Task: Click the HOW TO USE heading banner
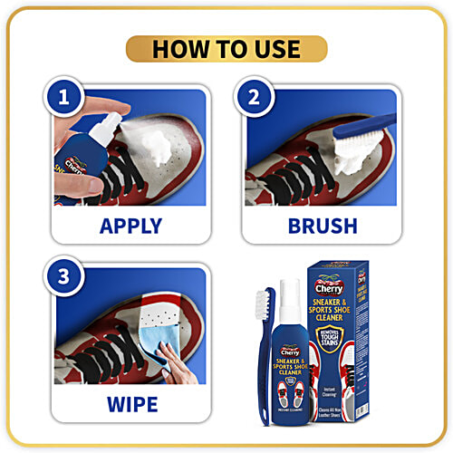click(226, 49)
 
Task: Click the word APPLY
click(130, 225)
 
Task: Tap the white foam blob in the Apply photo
click(159, 137)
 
